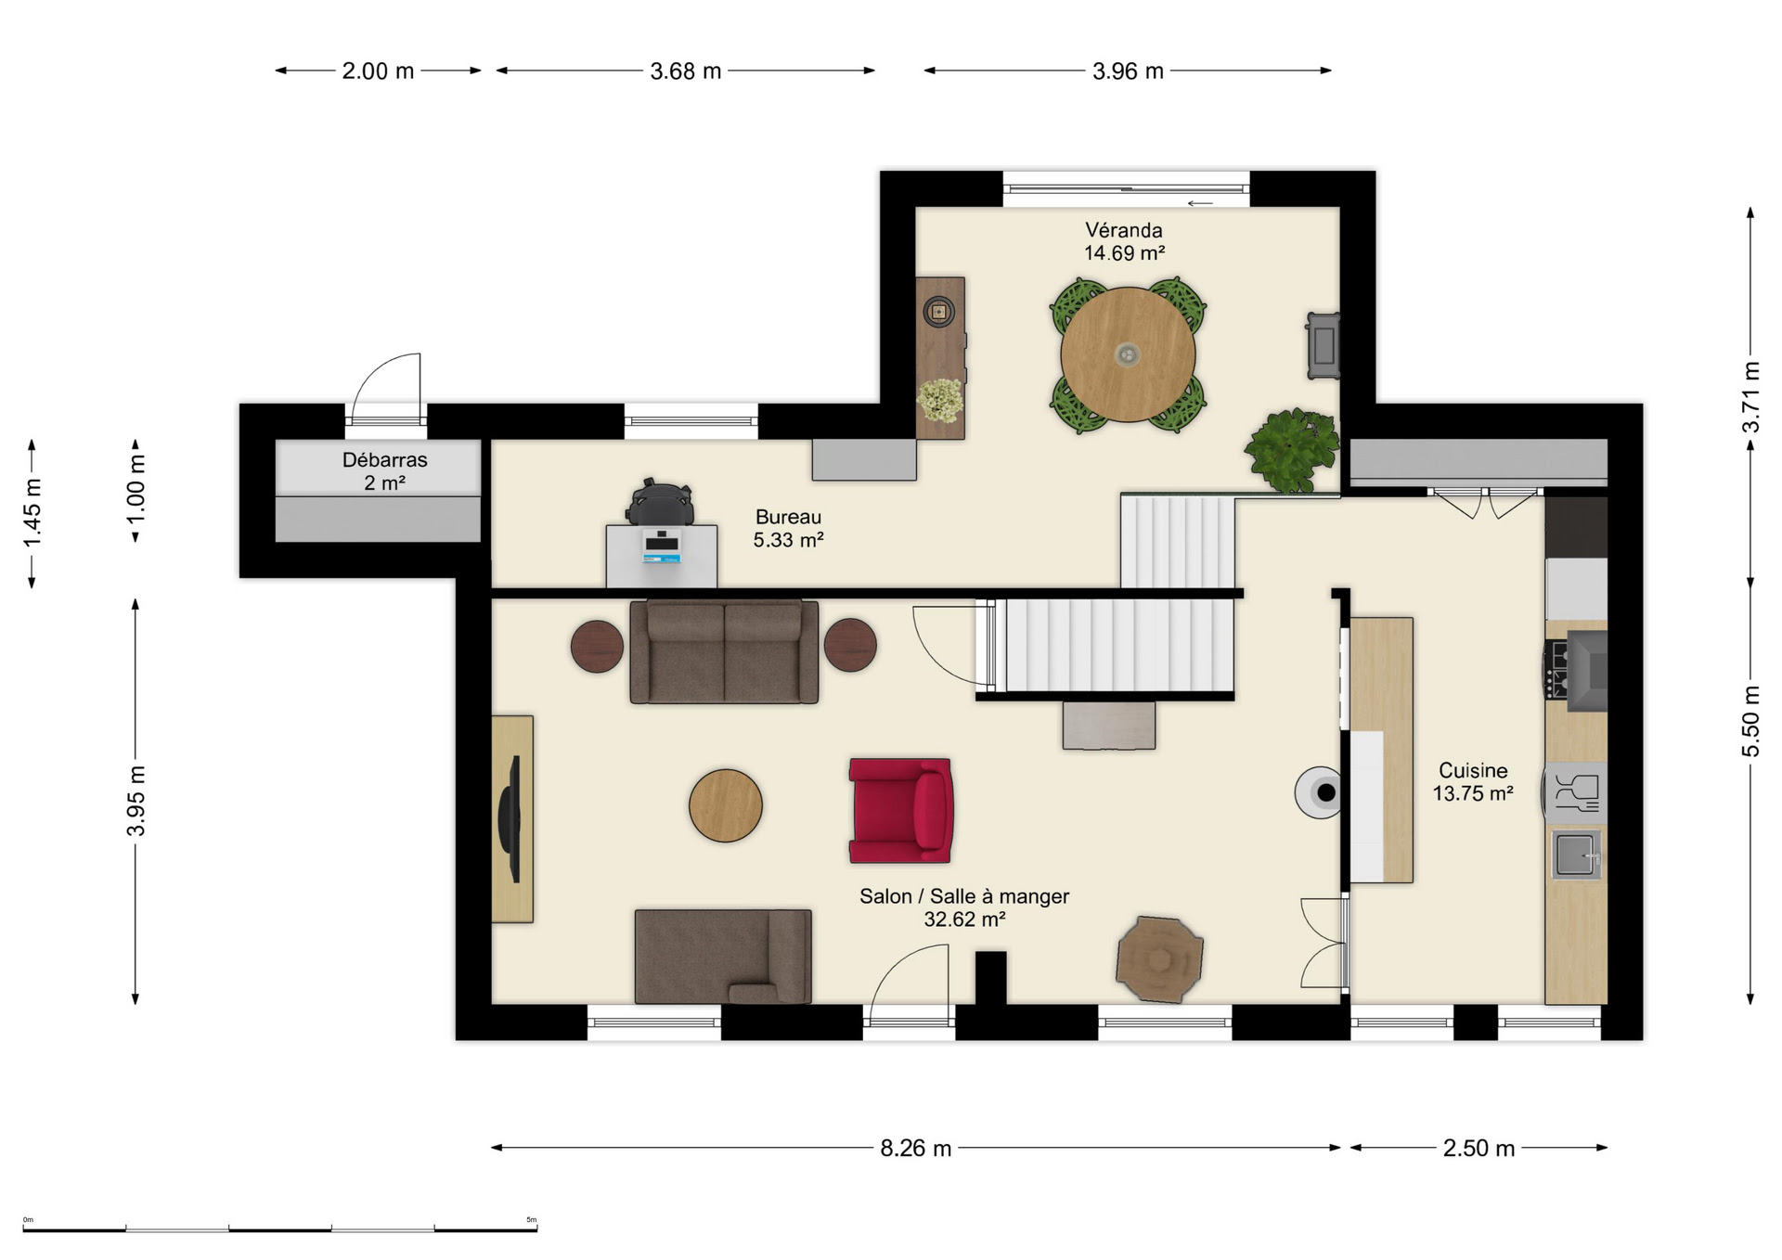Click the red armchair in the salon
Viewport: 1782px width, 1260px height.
pyautogui.click(x=899, y=810)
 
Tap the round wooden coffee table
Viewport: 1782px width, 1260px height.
pyautogui.click(x=726, y=805)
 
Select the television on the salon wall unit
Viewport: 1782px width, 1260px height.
pyautogui.click(x=510, y=818)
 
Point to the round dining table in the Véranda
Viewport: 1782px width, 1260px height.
pyautogui.click(x=1128, y=354)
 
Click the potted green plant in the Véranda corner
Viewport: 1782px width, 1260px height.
pyautogui.click(x=1291, y=450)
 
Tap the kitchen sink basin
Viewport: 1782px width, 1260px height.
pyautogui.click(x=1575, y=855)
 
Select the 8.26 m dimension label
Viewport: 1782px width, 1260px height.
pyautogui.click(x=915, y=1148)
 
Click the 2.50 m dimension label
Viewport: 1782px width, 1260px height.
pyautogui.click(x=1479, y=1148)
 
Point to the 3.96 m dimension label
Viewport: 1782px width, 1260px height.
pyautogui.click(x=1128, y=71)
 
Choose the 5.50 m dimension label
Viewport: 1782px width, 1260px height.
pyautogui.click(x=1750, y=721)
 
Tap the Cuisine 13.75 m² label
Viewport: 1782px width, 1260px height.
pyautogui.click(x=1473, y=781)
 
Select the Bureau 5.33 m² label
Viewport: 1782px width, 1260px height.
pyautogui.click(x=788, y=528)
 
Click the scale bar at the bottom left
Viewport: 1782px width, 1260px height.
pyautogui.click(x=280, y=1229)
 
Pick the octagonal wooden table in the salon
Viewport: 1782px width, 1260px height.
pyautogui.click(x=1159, y=959)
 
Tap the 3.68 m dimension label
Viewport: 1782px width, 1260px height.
pyautogui.click(x=685, y=71)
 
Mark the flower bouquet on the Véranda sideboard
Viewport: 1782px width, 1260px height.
pyautogui.click(x=940, y=400)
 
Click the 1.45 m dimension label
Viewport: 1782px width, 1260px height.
pyautogui.click(x=32, y=512)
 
